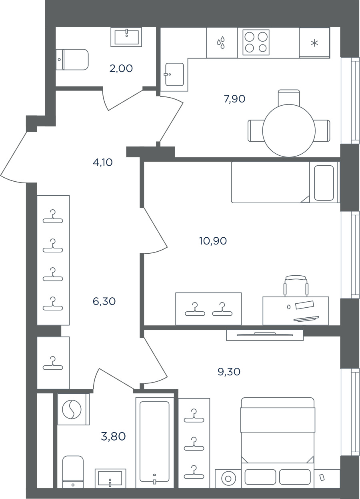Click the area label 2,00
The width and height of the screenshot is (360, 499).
pos(121,68)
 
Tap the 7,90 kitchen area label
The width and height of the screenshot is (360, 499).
pos(235,99)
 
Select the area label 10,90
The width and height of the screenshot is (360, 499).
pos(213,241)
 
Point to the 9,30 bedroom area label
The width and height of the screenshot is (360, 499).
pos(229,372)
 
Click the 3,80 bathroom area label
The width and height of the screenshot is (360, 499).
pos(113,436)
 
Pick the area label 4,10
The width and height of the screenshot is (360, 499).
pos(103,162)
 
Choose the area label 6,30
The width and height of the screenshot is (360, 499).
pos(104,301)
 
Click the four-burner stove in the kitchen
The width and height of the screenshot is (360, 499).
pos(256,42)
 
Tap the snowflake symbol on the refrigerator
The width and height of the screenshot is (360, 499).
pos(314,43)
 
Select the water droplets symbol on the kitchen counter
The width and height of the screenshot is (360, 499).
pos(221,42)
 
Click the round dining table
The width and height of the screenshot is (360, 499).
pos(289,130)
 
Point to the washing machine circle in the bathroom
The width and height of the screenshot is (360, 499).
pos(72,409)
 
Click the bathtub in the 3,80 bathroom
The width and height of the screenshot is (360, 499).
pos(154,439)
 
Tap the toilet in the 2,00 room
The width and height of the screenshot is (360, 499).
pos(72,60)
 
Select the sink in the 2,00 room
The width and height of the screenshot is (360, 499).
pos(126,37)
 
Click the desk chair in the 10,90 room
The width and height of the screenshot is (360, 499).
pos(296,286)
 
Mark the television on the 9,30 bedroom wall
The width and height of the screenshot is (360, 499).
pos(265,335)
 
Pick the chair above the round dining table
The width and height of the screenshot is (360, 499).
pos(289,97)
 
